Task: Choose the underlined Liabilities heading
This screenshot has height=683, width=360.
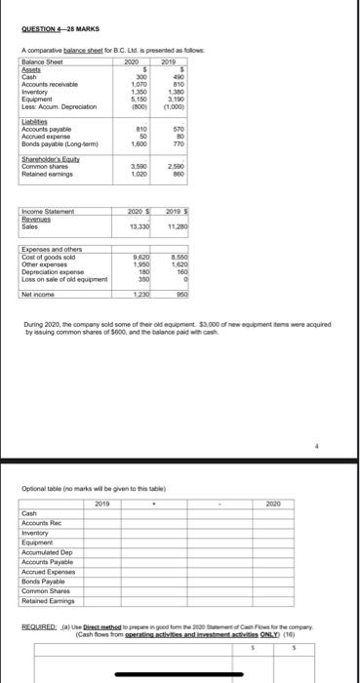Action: (35, 123)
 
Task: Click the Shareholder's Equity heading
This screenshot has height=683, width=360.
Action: (48, 160)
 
